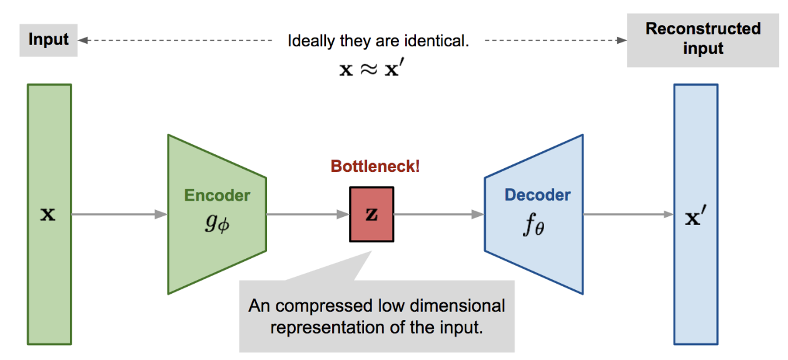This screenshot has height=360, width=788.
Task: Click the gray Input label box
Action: coord(48,40)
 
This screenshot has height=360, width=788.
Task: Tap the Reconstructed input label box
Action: coord(703,38)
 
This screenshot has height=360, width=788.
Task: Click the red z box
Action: coord(371,214)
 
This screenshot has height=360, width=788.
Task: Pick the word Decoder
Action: coord(537,195)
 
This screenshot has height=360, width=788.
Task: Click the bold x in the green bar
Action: coord(48,215)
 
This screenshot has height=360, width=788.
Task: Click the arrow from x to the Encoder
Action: coord(119,214)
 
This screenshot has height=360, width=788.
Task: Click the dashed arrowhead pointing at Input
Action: coord(83,41)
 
